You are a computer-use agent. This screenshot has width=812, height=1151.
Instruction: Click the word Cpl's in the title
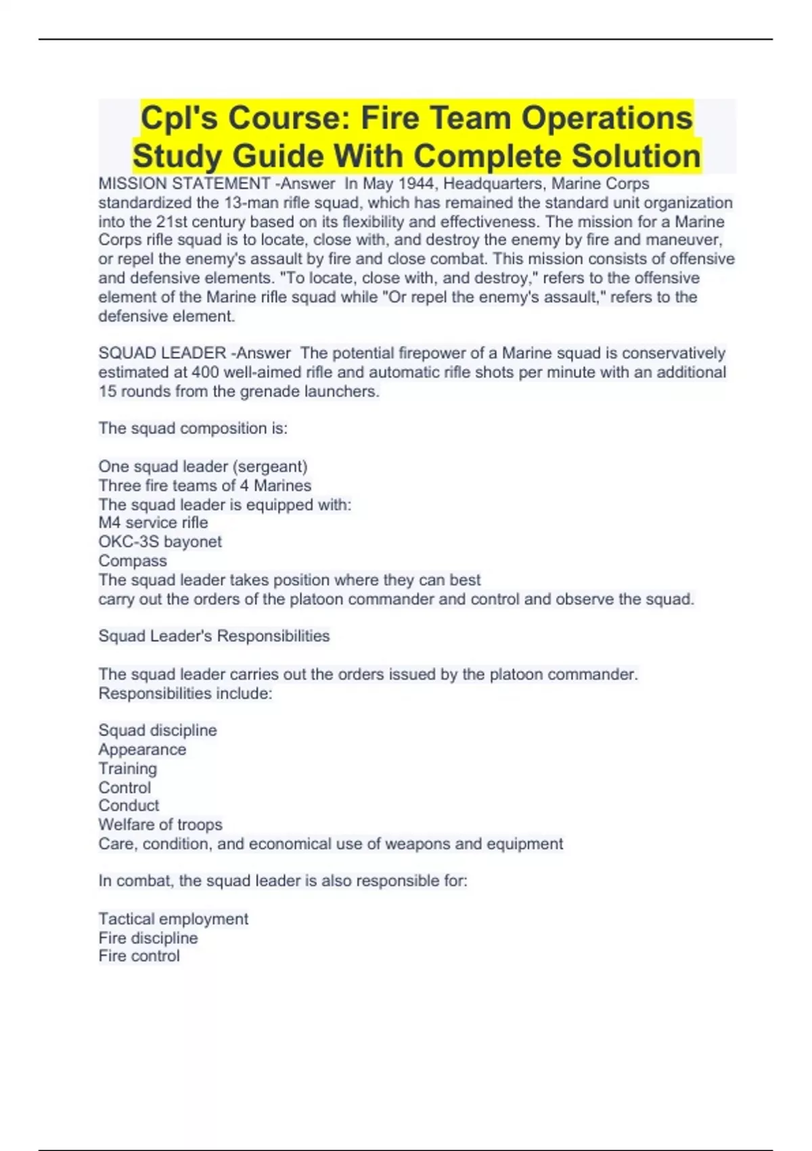tap(179, 118)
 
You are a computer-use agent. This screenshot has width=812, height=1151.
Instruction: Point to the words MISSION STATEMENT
tap(184, 183)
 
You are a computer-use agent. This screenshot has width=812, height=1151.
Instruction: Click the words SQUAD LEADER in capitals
tap(162, 353)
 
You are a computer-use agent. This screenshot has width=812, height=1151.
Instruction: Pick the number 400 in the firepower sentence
tap(205, 372)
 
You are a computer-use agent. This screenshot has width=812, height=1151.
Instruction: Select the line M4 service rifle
tap(153, 523)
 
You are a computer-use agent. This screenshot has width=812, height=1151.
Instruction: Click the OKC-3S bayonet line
tap(160, 542)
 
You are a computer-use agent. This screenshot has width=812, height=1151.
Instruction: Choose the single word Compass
tap(133, 561)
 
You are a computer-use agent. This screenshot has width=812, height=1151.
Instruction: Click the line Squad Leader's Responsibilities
tap(214, 636)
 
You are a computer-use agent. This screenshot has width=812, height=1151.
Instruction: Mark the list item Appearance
tap(142, 750)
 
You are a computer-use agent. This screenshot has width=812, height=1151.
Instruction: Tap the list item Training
tap(127, 768)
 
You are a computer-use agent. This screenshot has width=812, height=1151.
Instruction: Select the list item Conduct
tap(129, 806)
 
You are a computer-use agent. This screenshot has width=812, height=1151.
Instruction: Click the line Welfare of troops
tap(160, 825)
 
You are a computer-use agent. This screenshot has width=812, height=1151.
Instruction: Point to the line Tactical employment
tap(173, 919)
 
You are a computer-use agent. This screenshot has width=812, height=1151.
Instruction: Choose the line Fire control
tap(139, 956)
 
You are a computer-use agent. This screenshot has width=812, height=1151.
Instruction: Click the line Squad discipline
tap(158, 731)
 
